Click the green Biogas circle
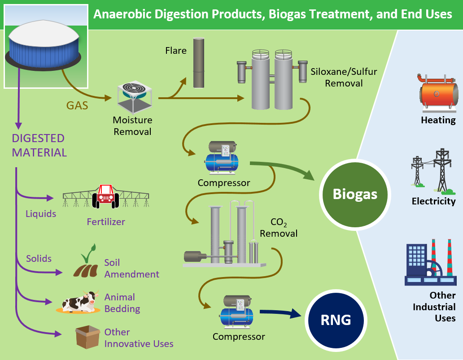click(x=355, y=194)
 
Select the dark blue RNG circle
click(x=336, y=320)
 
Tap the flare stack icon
click(x=199, y=63)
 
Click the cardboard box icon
click(x=87, y=337)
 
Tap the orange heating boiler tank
click(x=438, y=92)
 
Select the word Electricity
click(x=433, y=201)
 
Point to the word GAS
click(x=77, y=106)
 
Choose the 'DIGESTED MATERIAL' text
click(x=39, y=145)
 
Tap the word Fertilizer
click(x=106, y=221)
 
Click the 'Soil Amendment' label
click(x=131, y=268)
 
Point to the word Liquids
click(x=41, y=213)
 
